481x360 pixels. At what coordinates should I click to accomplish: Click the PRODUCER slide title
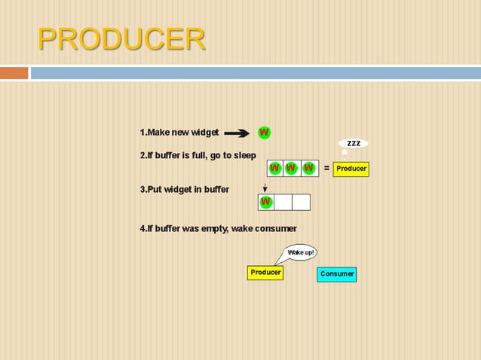(x=121, y=39)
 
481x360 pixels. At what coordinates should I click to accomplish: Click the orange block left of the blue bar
(x=14, y=73)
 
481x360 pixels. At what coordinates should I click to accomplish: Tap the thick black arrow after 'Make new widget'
(x=237, y=133)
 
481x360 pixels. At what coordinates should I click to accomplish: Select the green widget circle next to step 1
(x=265, y=133)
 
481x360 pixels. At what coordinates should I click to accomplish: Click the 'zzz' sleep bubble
(x=353, y=143)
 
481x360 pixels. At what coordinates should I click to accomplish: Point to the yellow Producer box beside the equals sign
(x=351, y=169)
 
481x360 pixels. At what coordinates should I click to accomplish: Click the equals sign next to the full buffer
(x=326, y=169)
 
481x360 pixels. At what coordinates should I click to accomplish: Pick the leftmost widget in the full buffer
(x=275, y=168)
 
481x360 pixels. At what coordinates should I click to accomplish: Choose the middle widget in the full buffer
(x=292, y=168)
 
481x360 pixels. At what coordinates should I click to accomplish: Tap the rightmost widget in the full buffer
(x=308, y=168)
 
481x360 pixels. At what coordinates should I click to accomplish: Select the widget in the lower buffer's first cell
(x=265, y=202)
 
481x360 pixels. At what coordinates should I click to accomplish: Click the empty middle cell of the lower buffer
(x=283, y=202)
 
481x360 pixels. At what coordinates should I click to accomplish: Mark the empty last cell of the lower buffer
(x=301, y=202)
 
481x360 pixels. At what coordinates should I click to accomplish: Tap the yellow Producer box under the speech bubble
(x=265, y=273)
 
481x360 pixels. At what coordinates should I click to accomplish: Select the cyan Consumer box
(x=336, y=274)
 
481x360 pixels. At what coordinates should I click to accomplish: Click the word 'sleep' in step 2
(x=244, y=155)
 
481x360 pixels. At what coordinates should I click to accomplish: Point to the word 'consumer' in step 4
(x=275, y=228)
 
